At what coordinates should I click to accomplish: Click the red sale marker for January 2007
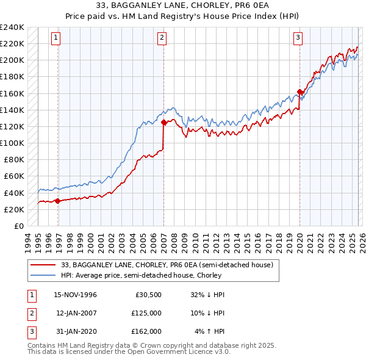(163, 122)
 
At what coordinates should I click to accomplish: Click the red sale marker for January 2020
(300, 92)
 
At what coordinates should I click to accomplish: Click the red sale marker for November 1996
(57, 200)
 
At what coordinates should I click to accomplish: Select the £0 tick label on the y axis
(19, 226)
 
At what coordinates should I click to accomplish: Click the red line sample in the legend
(44, 265)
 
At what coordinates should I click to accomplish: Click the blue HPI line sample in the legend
(44, 275)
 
